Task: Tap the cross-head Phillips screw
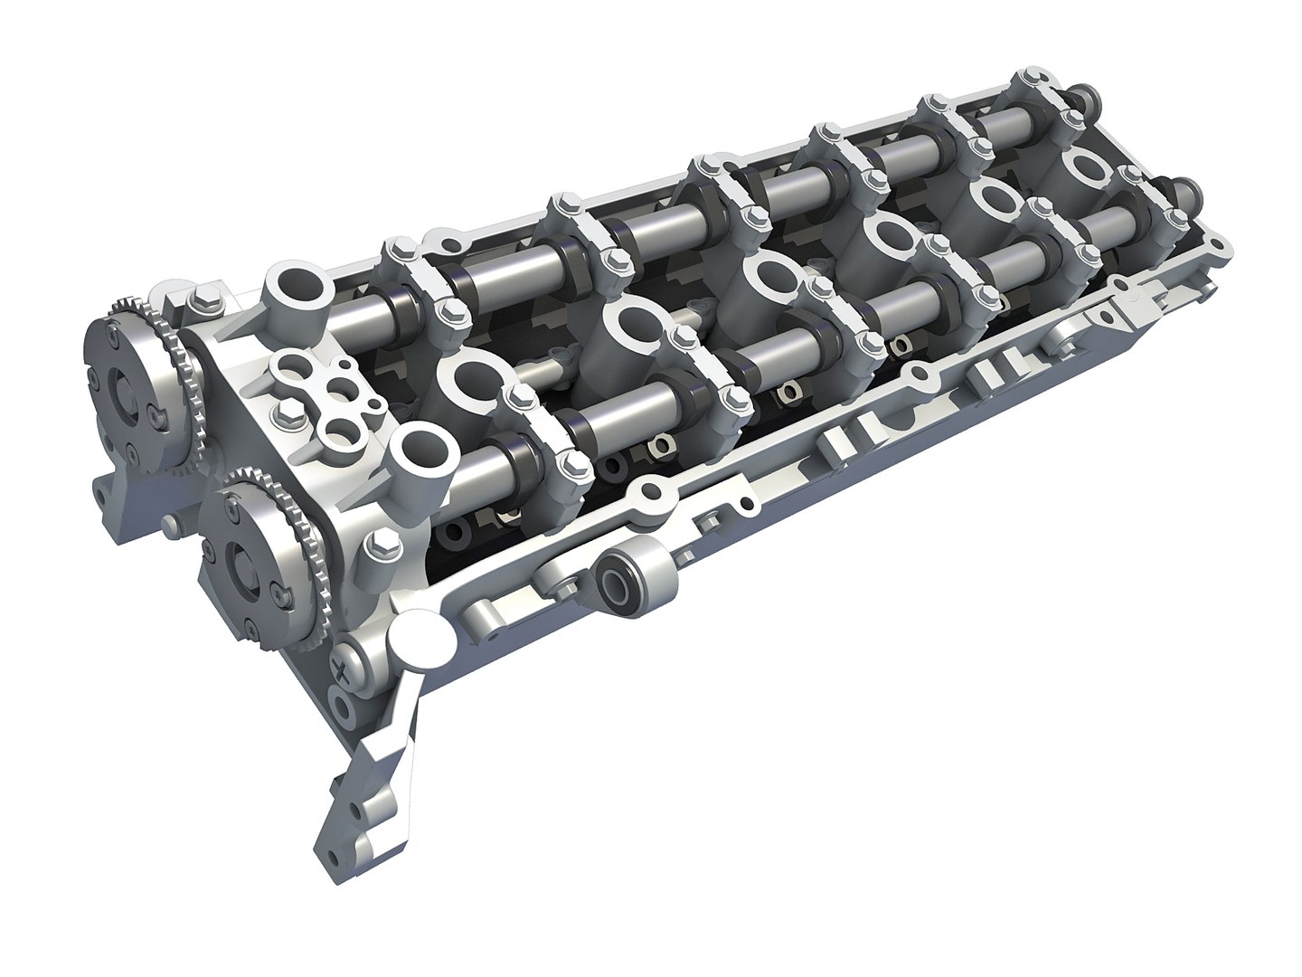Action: (x=345, y=669)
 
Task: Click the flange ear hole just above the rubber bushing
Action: (x=646, y=493)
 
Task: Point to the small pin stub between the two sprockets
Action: (x=168, y=524)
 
